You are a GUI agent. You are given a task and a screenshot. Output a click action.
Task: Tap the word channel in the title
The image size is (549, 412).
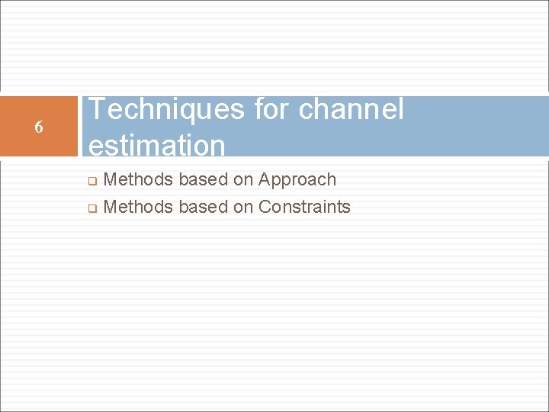point(351,110)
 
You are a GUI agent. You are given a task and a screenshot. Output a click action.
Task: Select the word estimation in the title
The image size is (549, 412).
point(157,145)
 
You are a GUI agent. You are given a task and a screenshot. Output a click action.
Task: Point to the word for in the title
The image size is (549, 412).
point(271,110)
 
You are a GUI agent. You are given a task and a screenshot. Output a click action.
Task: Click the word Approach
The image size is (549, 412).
point(297,180)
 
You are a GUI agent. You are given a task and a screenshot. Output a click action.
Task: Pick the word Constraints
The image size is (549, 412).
point(304,207)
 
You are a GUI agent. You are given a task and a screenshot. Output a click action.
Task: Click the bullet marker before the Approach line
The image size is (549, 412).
point(90,182)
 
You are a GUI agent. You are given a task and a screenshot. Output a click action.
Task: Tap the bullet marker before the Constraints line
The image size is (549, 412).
point(90,208)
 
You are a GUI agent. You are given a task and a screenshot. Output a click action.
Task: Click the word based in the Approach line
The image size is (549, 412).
point(201,180)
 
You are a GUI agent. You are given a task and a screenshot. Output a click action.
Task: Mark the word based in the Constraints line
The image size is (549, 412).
point(201,207)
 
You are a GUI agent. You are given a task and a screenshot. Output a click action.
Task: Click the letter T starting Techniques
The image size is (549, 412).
point(97,110)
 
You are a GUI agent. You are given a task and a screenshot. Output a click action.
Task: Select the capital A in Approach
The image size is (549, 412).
point(265,180)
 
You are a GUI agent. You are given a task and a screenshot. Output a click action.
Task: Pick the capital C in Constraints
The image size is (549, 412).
point(265,207)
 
